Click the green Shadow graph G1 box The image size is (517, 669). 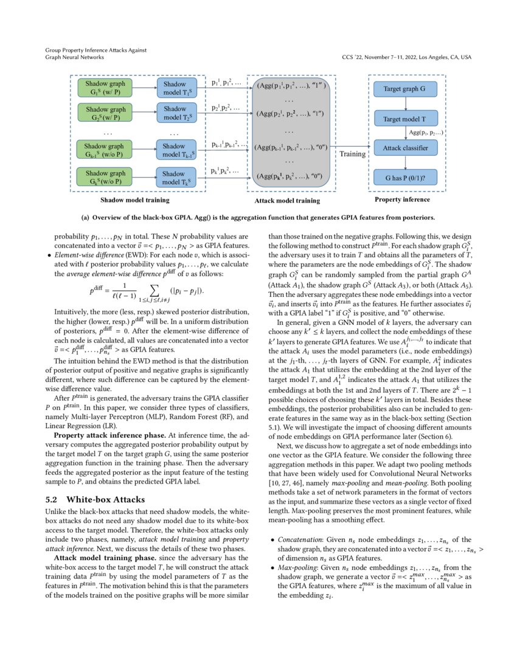coord(104,88)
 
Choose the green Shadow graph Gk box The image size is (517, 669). coord(104,177)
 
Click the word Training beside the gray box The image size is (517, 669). coord(352,154)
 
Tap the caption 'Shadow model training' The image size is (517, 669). coord(134,199)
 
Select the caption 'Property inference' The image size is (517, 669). coord(402,199)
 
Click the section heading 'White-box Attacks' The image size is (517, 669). coord(100,499)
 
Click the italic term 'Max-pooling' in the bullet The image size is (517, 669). coord(293,567)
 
